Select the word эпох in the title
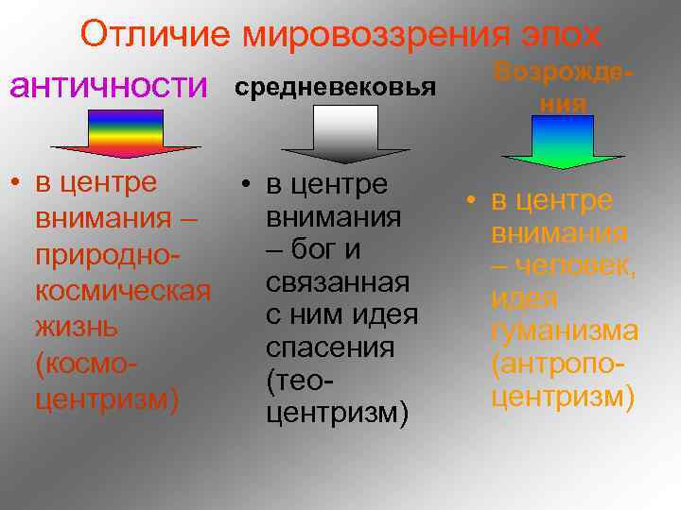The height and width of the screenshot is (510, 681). pyautogui.click(x=558, y=35)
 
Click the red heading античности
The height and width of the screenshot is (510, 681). pyautogui.click(x=108, y=87)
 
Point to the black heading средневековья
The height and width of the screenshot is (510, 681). pyautogui.click(x=335, y=88)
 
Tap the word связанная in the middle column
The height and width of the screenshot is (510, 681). pyautogui.click(x=338, y=282)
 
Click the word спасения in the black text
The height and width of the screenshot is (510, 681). pyautogui.click(x=330, y=348)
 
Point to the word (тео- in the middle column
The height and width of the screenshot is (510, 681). pyautogui.click(x=303, y=380)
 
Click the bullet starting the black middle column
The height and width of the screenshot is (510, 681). pyautogui.click(x=244, y=183)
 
